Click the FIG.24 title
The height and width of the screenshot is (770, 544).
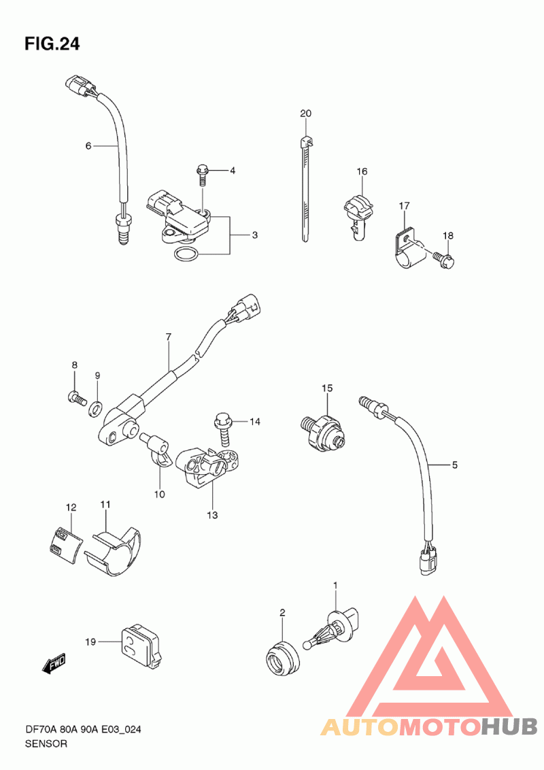[x=52, y=44]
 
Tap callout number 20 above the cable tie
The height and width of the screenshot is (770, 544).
[x=305, y=113]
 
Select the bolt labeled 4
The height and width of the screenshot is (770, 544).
[x=202, y=173]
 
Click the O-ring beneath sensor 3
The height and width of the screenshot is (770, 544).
[x=186, y=255]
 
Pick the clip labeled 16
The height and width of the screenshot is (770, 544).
[x=358, y=211]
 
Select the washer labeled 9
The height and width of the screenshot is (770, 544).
[x=97, y=407]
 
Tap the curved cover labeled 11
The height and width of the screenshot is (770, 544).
[x=118, y=548]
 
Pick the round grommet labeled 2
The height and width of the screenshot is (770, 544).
[x=280, y=656]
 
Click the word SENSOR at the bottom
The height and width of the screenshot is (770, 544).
[x=46, y=743]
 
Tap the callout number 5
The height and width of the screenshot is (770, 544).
[x=455, y=465]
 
